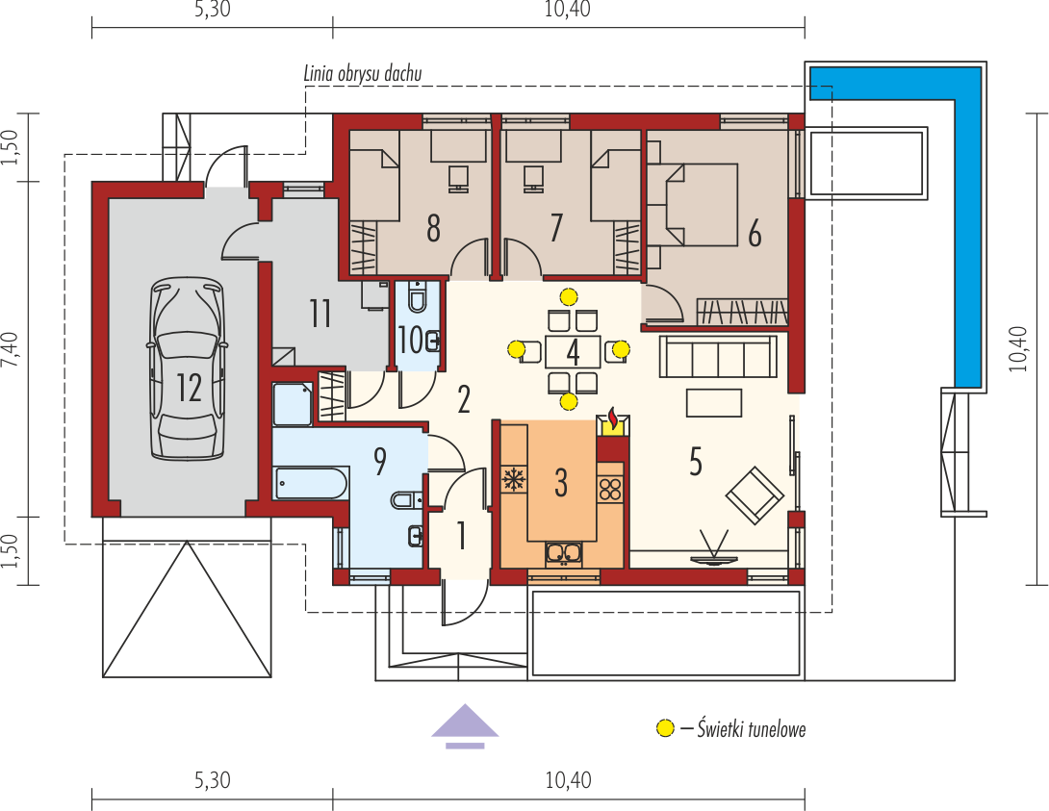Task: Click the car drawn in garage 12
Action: pyautogui.click(x=188, y=369)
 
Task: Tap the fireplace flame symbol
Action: pyautogui.click(x=613, y=419)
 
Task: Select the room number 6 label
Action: pyautogui.click(x=755, y=234)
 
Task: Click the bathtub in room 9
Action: pyautogui.click(x=311, y=483)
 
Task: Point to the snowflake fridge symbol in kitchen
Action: pyautogui.click(x=514, y=479)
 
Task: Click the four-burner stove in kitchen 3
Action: pyautogui.click(x=609, y=490)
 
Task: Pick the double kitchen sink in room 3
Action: pyautogui.click(x=563, y=553)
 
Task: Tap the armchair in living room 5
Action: pyautogui.click(x=755, y=495)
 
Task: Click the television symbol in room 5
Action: pyautogui.click(x=713, y=549)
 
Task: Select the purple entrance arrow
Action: pyautogui.click(x=465, y=726)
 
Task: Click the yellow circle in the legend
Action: pyautogui.click(x=665, y=728)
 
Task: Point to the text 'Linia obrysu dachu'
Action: pyautogui.click(x=363, y=73)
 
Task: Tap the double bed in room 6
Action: pyautogui.click(x=692, y=204)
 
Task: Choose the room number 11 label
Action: pyautogui.click(x=320, y=314)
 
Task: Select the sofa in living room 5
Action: pyautogui.click(x=719, y=357)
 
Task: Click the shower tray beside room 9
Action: pyautogui.click(x=293, y=403)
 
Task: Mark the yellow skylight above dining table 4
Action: pyautogui.click(x=569, y=296)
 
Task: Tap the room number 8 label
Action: pyautogui.click(x=433, y=228)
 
